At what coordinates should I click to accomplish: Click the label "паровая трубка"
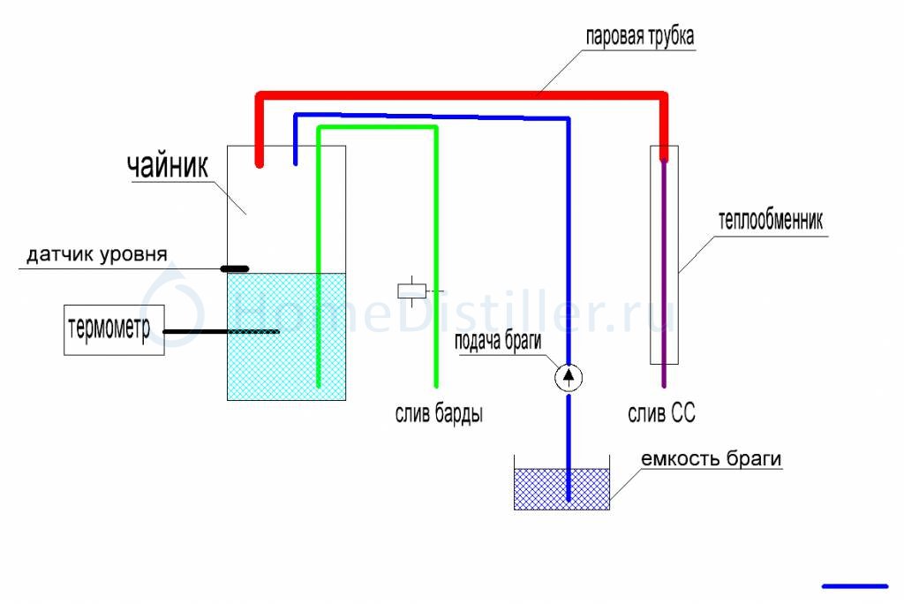point(641,38)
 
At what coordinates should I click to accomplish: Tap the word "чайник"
point(167,165)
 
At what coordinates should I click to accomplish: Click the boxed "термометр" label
point(114,330)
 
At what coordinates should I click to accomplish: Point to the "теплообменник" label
point(771,221)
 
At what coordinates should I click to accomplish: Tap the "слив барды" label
point(438,413)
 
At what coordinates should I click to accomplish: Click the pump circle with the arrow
point(569,378)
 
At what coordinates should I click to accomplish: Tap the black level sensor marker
point(234,268)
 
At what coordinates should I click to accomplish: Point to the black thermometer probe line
point(221,332)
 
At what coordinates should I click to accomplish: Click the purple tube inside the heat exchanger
point(664,265)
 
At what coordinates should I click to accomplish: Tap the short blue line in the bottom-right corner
point(855,585)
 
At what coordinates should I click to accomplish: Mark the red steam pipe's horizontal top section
point(459,94)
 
